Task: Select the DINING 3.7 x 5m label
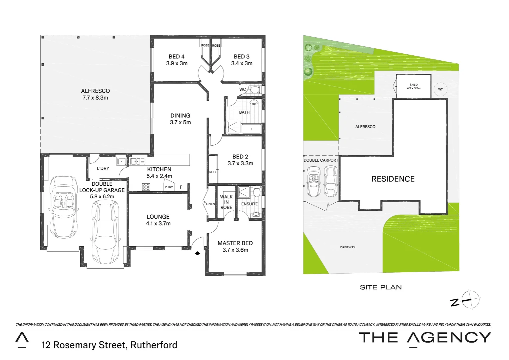(180, 119)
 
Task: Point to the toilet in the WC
(255, 90)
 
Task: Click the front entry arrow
(197, 253)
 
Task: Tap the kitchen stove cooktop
(146, 187)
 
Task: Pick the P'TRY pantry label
(169, 187)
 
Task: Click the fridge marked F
(181, 187)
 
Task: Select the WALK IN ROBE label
(226, 202)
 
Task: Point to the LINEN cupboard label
(210, 204)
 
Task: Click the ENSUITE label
(250, 204)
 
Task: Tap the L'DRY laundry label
(103, 168)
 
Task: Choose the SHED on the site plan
(413, 87)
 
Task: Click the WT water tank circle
(440, 89)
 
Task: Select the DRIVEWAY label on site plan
(347, 247)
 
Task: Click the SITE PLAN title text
(381, 287)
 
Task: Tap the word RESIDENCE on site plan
(393, 179)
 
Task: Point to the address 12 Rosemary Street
(109, 345)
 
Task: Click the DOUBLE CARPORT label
(321, 160)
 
